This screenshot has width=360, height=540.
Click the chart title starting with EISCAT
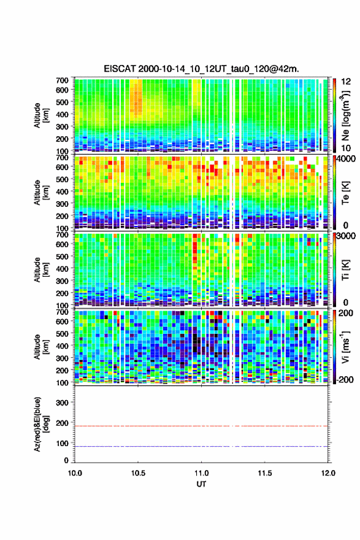pyautogui.click(x=201, y=69)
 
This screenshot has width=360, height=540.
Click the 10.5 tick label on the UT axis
pyautogui.click(x=138, y=473)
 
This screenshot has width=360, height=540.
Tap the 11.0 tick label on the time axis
pyautogui.click(x=201, y=473)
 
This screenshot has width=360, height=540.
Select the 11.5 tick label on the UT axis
pyautogui.click(x=265, y=473)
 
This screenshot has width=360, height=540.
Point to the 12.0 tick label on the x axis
pyautogui.click(x=328, y=473)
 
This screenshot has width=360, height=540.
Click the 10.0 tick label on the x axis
pyautogui.click(x=75, y=473)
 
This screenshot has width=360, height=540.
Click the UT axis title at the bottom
pyautogui.click(x=201, y=484)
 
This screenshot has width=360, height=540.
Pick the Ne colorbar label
pyautogui.click(x=346, y=115)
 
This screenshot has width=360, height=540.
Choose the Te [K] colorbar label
pyautogui.click(x=346, y=193)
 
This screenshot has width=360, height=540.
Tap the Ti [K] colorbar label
pyautogui.click(x=346, y=270)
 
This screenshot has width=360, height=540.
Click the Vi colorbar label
pyautogui.click(x=346, y=347)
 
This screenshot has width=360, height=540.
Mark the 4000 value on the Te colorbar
pyautogui.click(x=345, y=159)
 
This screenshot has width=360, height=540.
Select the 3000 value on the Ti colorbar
pyautogui.click(x=345, y=236)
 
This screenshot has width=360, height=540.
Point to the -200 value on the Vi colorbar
pyautogui.click(x=344, y=379)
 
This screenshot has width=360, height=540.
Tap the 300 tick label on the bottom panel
pyautogui.click(x=62, y=403)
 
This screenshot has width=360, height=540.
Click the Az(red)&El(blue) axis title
pyautogui.click(x=41, y=424)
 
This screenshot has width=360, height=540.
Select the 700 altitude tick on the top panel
pyautogui.click(x=62, y=80)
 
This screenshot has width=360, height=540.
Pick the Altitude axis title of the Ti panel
pyautogui.click(x=41, y=270)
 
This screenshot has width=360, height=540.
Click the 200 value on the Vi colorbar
pyautogui.click(x=345, y=313)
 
